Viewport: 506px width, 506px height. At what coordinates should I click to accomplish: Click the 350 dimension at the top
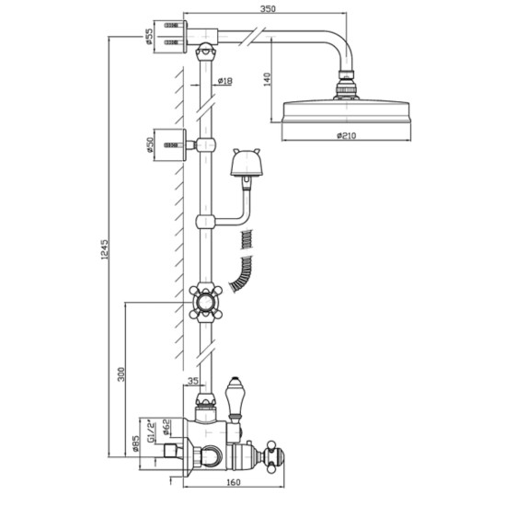tap(268, 8)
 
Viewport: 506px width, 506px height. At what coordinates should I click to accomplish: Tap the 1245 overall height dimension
tap(105, 249)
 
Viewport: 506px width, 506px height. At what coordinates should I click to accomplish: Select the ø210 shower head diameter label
tap(346, 136)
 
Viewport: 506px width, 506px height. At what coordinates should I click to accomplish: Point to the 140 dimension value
tap(268, 79)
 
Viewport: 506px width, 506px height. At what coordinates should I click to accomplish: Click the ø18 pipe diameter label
tap(224, 81)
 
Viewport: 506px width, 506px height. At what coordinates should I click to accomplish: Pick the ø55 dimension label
tap(149, 36)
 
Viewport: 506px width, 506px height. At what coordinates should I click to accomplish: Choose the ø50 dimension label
tap(150, 144)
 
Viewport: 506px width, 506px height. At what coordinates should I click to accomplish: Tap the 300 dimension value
tap(121, 374)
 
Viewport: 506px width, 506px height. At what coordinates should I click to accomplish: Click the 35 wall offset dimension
tap(192, 381)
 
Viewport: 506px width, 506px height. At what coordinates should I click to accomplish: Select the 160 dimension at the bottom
tap(234, 482)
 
